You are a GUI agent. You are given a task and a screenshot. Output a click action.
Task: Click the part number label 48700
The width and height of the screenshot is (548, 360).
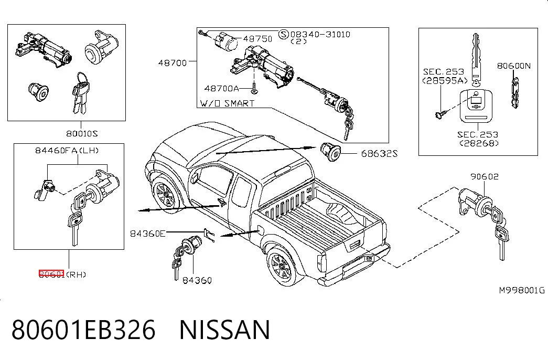173,63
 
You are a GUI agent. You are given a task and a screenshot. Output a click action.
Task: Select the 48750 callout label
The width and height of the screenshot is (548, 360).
257,38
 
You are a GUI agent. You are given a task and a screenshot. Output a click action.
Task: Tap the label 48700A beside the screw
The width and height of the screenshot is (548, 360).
222,89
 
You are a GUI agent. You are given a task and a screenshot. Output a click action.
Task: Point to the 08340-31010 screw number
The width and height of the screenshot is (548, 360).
320,34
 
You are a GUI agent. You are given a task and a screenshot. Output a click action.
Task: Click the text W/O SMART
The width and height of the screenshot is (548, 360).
227,103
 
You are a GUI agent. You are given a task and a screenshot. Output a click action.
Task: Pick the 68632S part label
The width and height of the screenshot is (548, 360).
379,154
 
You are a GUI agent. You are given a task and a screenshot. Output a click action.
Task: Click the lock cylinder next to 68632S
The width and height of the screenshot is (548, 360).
330,152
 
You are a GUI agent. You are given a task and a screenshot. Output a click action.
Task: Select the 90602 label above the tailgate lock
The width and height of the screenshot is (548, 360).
485,177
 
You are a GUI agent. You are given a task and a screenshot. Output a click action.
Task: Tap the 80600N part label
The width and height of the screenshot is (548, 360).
514,66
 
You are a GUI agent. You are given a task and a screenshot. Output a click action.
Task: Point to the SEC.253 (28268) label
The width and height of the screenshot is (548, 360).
478,139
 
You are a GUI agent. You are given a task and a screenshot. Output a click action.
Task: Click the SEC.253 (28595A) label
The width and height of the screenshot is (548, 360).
444,76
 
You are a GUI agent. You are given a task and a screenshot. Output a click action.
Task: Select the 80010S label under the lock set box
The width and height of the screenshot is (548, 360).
82,134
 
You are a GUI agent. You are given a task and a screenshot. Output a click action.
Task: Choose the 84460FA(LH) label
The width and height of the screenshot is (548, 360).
67,151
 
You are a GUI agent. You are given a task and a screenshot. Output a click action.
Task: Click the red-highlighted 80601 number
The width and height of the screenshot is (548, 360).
51,274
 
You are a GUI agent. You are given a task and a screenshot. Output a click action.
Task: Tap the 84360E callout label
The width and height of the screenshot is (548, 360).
147,234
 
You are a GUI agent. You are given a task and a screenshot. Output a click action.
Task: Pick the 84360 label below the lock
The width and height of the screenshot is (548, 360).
197,280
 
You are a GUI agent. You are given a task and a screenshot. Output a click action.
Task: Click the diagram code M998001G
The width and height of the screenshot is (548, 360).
522,290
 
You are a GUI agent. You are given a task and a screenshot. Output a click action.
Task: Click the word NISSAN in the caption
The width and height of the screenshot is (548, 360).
225,330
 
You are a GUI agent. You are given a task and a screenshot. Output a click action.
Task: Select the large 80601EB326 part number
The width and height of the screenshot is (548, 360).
83,330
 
